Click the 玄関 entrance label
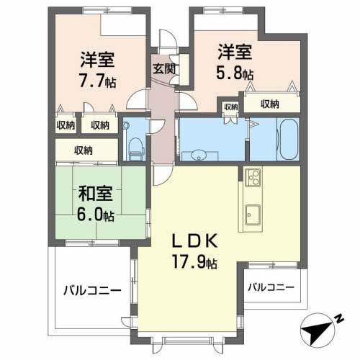point(162,70)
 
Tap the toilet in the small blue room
point(134,145)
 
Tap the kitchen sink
point(253,213)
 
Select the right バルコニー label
point(271,287)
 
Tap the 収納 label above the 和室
point(84,150)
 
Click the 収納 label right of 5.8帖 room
point(271,104)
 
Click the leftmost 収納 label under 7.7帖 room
point(66,125)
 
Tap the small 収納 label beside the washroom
point(230,107)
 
